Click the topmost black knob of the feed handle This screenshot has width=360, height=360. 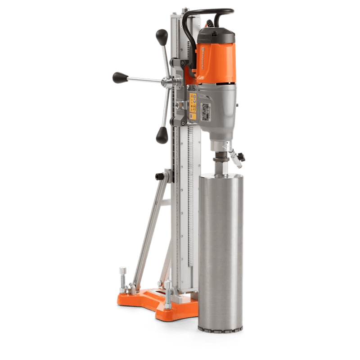(160, 35)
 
